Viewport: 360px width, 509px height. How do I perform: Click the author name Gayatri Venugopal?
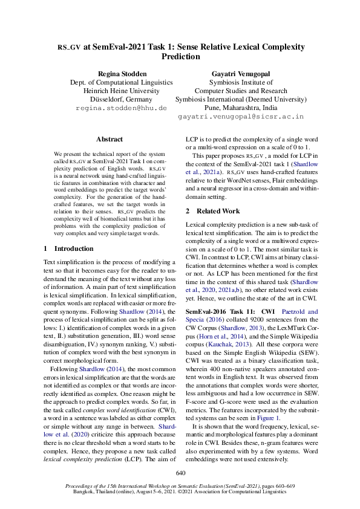(240, 73)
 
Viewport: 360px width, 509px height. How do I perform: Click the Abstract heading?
(110, 139)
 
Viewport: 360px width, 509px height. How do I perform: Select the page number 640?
(180, 472)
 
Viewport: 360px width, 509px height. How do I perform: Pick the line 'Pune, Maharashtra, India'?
(240, 107)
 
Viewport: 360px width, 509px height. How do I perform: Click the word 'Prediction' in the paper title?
(180, 56)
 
